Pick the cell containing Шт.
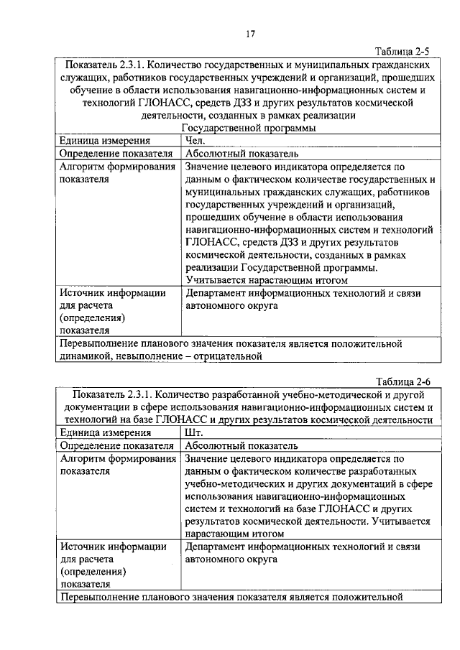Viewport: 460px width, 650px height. click(194, 432)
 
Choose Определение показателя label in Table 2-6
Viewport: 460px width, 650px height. click(116, 445)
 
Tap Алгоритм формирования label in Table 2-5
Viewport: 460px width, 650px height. click(118, 167)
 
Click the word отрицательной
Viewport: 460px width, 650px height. click(222, 355)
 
